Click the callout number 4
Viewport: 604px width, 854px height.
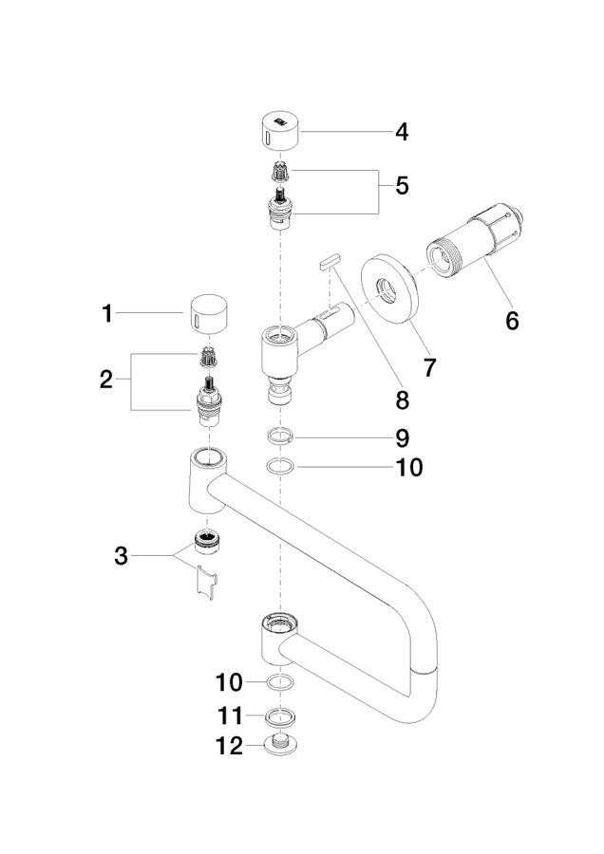(402, 132)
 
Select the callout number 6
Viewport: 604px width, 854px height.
(512, 321)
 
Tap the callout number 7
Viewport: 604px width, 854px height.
(429, 368)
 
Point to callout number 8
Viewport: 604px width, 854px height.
(402, 400)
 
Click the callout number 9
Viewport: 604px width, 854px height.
(402, 437)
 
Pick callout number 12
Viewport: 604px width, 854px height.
(230, 746)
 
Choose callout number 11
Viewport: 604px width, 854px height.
(231, 715)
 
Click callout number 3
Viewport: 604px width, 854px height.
(121, 556)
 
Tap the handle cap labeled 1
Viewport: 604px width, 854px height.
(209, 313)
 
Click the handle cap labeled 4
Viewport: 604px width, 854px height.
(280, 131)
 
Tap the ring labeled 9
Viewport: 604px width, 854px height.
(280, 436)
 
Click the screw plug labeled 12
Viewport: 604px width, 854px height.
(280, 744)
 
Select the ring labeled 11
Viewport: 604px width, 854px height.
(280, 716)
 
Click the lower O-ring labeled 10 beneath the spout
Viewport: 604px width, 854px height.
(280, 682)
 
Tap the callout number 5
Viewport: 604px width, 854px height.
(402, 186)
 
